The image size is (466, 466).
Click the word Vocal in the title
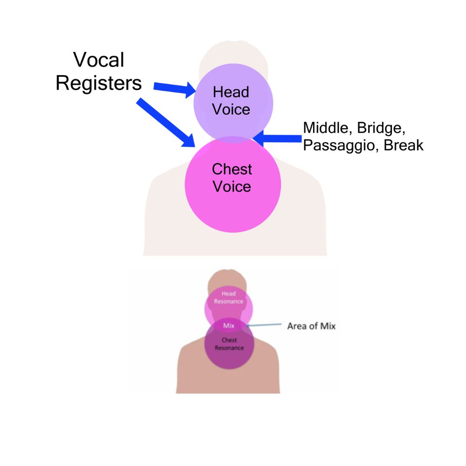99,60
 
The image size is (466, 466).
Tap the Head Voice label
231,101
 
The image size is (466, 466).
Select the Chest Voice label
232,178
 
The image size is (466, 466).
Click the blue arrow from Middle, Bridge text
280,138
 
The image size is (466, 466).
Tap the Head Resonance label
229,298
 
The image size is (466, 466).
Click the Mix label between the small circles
229,326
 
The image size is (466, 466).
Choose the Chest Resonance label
229,344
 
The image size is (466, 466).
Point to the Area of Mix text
311,326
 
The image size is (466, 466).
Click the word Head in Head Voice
231,92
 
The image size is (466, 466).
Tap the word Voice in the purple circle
231,110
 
